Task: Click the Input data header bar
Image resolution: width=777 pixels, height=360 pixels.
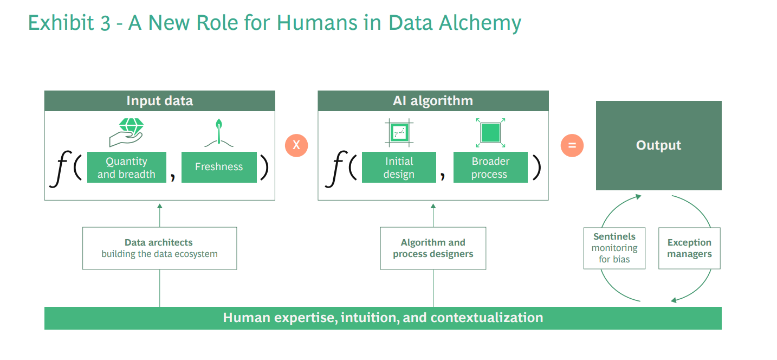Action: [x=159, y=101]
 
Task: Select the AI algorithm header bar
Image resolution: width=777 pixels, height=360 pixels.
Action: [x=433, y=101]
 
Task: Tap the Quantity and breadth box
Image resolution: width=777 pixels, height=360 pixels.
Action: [x=126, y=168]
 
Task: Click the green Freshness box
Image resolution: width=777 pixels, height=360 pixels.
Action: [x=219, y=167]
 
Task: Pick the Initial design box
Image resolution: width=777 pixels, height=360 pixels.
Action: [x=399, y=168]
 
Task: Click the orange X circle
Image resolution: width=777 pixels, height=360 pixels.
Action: [x=296, y=145]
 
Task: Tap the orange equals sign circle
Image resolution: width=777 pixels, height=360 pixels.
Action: [x=572, y=145]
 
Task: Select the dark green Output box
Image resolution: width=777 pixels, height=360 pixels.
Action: [x=658, y=145]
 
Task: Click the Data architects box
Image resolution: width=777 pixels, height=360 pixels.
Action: [x=159, y=248]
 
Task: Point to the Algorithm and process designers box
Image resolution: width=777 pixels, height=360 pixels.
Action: [x=433, y=248]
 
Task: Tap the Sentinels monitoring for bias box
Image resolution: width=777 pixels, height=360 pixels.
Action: [x=614, y=248]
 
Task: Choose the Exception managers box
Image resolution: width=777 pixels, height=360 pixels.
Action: [x=689, y=248]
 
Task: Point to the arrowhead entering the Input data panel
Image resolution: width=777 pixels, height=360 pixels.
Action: [x=159, y=205]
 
